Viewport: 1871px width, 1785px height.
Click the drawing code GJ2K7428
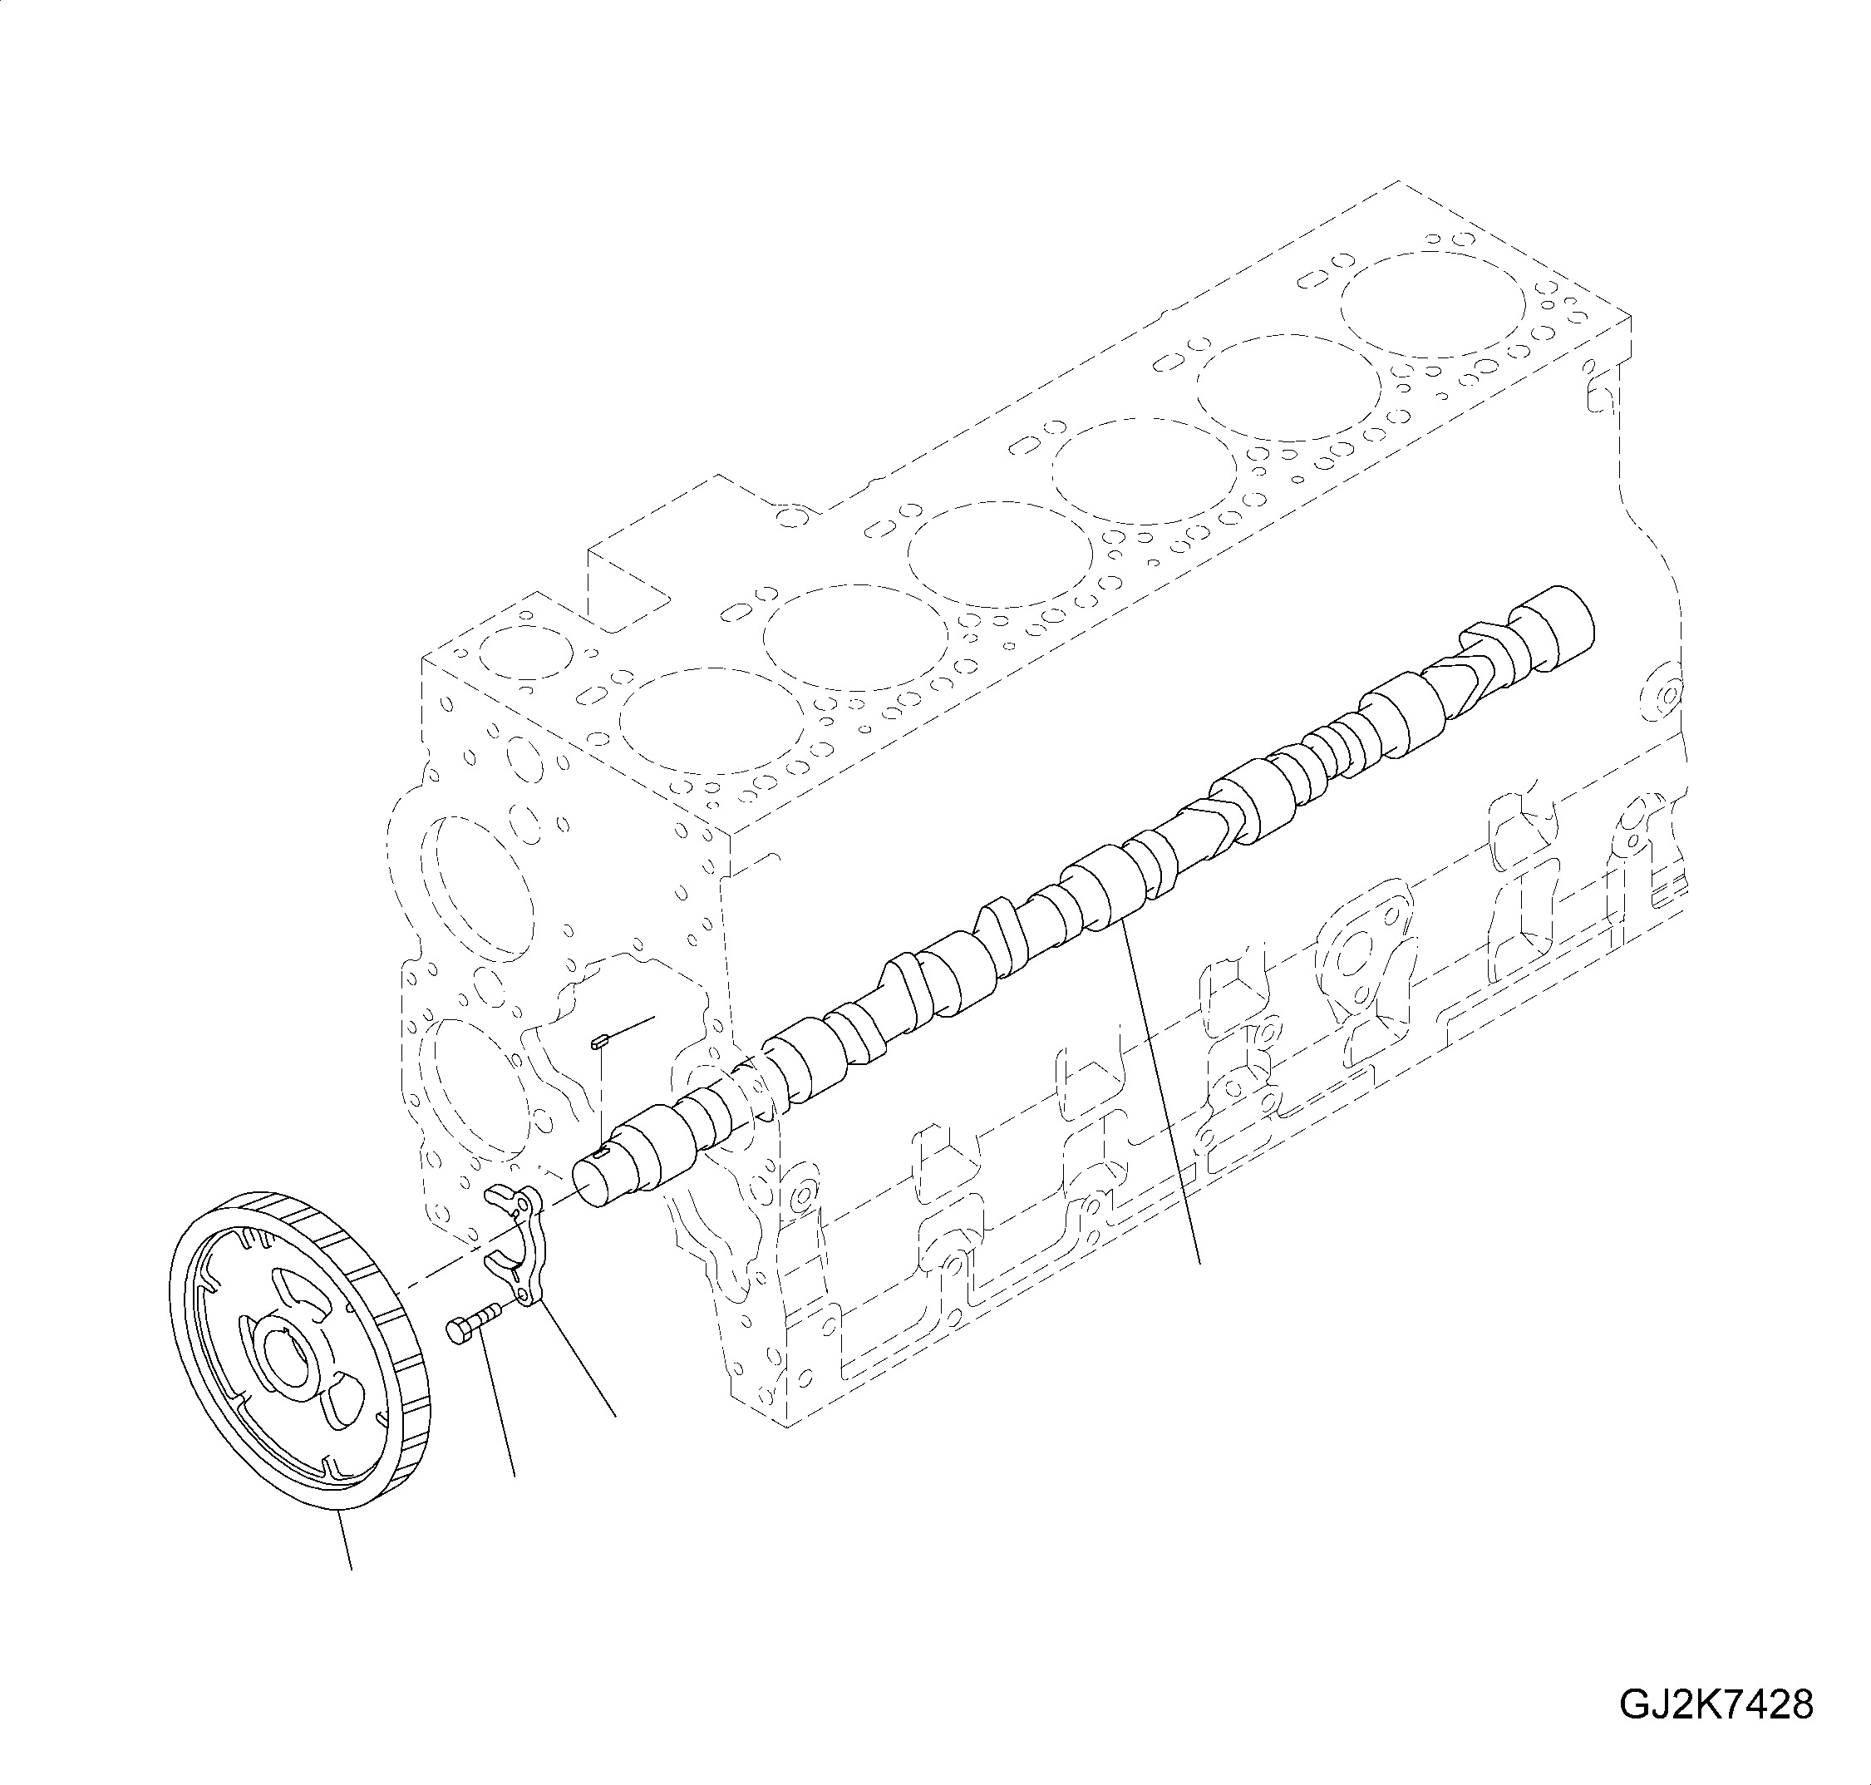tap(1715, 1704)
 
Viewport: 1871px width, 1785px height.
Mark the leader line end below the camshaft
tap(1200, 1264)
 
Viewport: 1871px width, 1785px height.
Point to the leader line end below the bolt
tap(515, 1476)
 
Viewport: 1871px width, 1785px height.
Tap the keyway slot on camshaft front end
tap(599, 1154)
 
